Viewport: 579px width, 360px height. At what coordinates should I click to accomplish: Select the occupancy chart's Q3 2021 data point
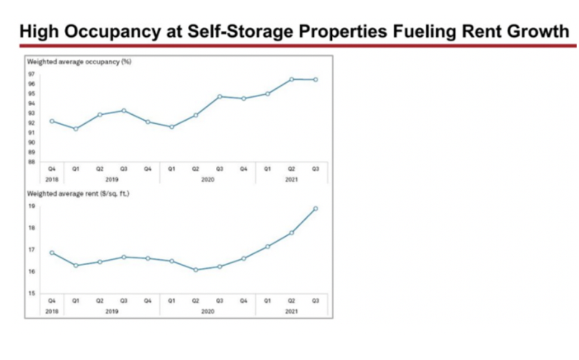click(315, 79)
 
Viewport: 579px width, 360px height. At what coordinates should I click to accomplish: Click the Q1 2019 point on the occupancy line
click(76, 129)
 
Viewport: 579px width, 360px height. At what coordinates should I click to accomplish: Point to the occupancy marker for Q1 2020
click(172, 127)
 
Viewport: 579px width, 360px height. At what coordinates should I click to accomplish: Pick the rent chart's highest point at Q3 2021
click(315, 208)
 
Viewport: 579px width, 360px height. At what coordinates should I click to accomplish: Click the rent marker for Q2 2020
click(196, 269)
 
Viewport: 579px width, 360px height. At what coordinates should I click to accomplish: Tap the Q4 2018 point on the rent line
click(52, 252)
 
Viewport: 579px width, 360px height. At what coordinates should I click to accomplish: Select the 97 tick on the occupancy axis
click(32, 74)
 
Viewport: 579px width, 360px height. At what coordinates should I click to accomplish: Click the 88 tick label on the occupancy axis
click(32, 161)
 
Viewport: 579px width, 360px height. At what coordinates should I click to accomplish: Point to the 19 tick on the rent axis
click(32, 206)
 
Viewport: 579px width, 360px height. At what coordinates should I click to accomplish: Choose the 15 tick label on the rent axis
click(32, 293)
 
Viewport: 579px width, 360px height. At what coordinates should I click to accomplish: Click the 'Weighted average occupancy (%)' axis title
click(79, 62)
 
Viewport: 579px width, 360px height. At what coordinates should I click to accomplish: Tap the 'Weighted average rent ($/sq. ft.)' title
click(78, 193)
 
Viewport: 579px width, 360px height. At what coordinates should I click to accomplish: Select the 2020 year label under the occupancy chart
click(207, 180)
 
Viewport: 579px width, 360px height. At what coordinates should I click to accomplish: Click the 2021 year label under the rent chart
click(291, 311)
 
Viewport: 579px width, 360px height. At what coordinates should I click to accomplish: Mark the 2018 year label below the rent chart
click(52, 311)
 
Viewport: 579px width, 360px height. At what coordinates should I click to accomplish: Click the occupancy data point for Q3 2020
click(220, 96)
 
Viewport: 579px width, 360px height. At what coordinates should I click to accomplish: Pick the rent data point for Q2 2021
click(291, 232)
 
